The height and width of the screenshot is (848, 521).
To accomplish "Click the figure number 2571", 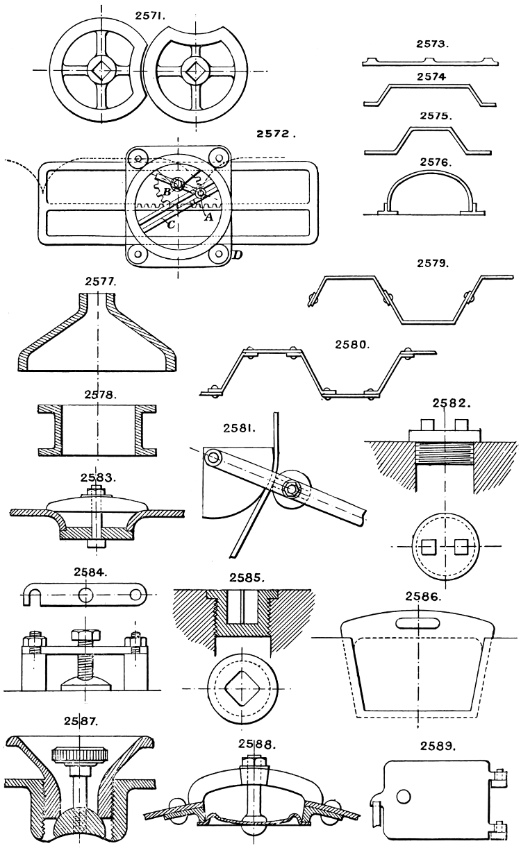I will coord(151,13).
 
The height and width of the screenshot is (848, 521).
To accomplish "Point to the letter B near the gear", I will coord(166,192).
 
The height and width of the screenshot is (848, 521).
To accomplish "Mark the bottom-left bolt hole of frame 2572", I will coord(138,255).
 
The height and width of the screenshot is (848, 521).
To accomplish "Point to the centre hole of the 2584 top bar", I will coord(85,595).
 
